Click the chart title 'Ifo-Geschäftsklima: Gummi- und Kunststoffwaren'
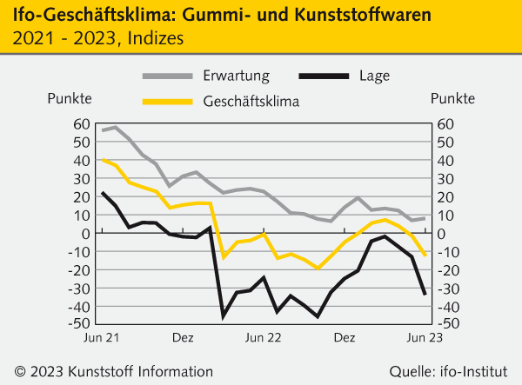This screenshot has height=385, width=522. pos(221,16)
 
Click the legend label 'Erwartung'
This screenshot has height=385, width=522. pos(236,75)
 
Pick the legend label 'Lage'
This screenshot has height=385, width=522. pos(374,75)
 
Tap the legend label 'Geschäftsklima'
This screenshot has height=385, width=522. pos(251,101)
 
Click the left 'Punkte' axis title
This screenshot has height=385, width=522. pos(70,97)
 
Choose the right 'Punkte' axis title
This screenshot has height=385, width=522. pos(452,97)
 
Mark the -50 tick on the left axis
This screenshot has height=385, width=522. pos(79,324)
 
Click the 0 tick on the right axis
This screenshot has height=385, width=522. pos(441,233)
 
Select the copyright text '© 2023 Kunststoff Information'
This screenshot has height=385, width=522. pos(107,368)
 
